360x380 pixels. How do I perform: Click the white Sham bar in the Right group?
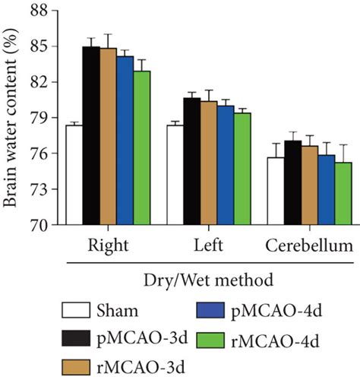(74, 176)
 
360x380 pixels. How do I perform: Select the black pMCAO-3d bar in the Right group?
(91, 136)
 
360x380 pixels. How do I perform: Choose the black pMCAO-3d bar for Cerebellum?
(292, 183)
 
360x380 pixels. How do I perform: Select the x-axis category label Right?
(108, 246)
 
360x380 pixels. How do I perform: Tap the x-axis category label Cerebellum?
(309, 246)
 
